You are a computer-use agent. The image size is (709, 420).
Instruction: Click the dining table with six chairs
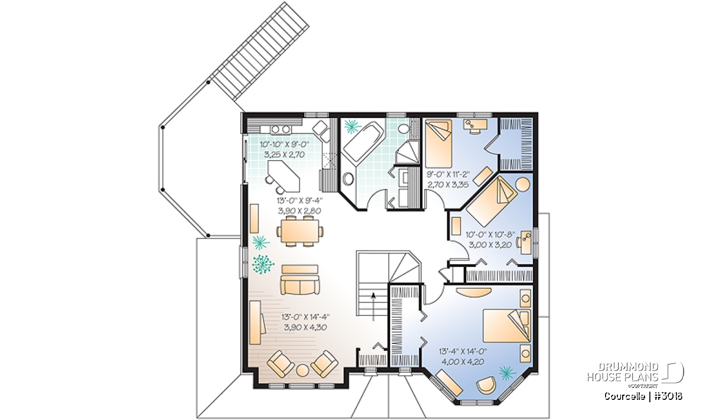coord(300,231)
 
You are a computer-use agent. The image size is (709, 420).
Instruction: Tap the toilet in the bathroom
coord(404,129)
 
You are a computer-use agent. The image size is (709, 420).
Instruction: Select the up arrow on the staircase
coord(373,306)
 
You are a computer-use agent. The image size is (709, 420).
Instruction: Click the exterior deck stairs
coord(259,51)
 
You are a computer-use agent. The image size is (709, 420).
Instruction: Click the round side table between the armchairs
coord(303,370)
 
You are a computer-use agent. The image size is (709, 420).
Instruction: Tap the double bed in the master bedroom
coord(507,325)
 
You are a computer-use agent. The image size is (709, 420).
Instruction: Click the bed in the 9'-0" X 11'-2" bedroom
coord(438,143)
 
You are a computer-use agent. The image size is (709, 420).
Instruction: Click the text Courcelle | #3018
coord(643,396)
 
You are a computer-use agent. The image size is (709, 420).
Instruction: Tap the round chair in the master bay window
coord(486,385)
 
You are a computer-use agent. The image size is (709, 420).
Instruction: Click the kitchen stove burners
coord(59,129)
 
